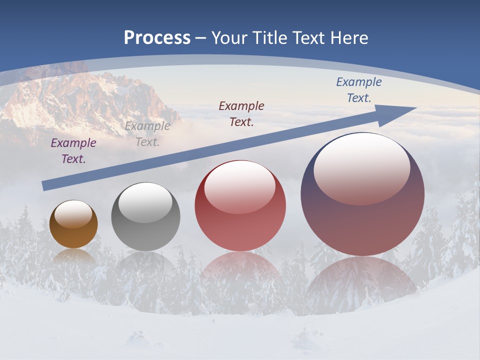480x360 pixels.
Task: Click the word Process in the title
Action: pos(157,38)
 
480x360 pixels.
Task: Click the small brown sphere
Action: pos(73,224)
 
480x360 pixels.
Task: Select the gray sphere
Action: pos(145,216)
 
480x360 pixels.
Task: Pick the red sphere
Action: pos(240,205)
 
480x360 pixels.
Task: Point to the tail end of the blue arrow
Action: pos(45,186)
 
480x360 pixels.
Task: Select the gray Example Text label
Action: pos(147,134)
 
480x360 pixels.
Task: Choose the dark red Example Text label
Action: pos(241,114)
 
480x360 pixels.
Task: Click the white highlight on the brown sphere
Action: pos(73,214)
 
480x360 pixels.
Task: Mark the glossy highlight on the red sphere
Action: pos(240,186)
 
